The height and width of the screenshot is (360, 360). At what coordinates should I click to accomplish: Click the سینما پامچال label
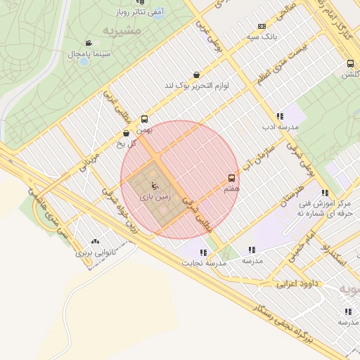pos(86,53)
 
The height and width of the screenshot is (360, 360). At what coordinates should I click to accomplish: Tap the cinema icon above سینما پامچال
pos(89,42)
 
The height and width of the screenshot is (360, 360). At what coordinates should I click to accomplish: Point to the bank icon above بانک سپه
pos(262,25)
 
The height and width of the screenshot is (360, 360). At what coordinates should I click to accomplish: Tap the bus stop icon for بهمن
pos(144,119)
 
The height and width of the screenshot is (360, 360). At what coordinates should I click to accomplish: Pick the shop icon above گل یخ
pos(126,133)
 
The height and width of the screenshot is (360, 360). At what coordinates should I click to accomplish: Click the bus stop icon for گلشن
pos(349,63)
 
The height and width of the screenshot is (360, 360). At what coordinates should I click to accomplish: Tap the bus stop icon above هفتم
pos(232,179)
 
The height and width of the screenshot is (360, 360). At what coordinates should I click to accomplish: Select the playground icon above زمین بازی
pos(154,186)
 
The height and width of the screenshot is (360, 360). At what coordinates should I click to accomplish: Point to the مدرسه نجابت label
pos(205,263)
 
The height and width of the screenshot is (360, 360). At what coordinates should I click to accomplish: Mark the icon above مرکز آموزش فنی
pos(324,193)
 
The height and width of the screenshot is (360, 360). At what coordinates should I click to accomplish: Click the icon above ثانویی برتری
pos(95,240)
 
